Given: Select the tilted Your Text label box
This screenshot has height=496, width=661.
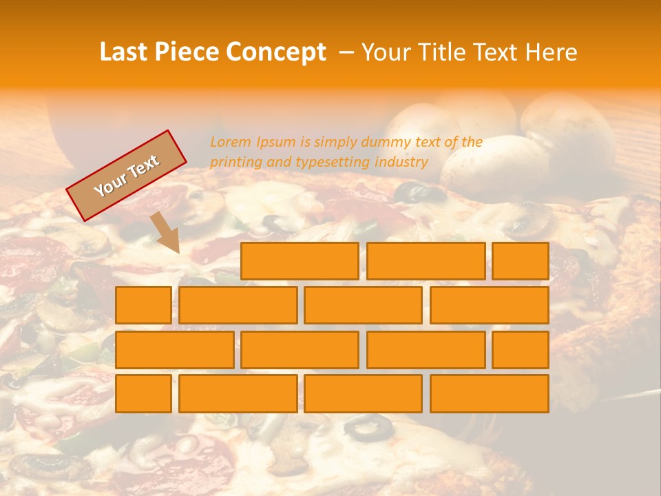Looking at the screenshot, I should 126,176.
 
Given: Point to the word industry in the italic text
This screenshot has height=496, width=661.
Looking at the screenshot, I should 401,163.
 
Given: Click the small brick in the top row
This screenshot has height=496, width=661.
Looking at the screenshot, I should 521,261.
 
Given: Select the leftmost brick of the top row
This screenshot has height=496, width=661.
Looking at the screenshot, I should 300,261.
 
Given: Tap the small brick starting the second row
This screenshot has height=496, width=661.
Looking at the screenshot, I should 143,305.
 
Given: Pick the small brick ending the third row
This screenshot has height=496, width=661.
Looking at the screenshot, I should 521,350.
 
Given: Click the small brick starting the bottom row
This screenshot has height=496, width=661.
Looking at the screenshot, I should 143,394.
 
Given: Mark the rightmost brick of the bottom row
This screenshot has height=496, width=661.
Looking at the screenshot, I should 490,394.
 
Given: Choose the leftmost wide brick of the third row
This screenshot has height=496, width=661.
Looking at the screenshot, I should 174,350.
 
